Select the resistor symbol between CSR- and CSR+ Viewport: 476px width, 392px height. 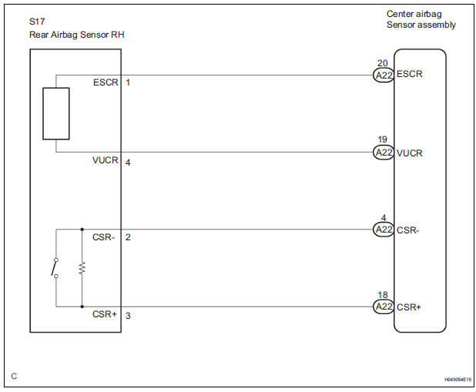82,267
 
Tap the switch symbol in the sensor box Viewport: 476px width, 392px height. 55,267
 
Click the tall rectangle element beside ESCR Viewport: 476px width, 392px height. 56,113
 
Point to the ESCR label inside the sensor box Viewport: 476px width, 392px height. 105,82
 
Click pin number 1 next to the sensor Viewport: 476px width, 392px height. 128,82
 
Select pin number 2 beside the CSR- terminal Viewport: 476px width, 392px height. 128,237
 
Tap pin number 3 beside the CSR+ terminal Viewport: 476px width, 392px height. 128,315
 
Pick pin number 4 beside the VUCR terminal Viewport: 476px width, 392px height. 128,162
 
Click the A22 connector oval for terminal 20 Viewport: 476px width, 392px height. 383,75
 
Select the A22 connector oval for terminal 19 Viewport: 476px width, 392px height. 383,152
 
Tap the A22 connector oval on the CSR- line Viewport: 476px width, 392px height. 383,230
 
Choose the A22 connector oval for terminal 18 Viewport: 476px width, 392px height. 383,307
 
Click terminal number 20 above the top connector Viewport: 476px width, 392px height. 382,63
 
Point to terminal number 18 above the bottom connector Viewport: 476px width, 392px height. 382,295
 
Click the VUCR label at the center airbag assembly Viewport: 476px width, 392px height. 410,153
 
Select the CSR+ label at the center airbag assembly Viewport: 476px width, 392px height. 409,307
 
